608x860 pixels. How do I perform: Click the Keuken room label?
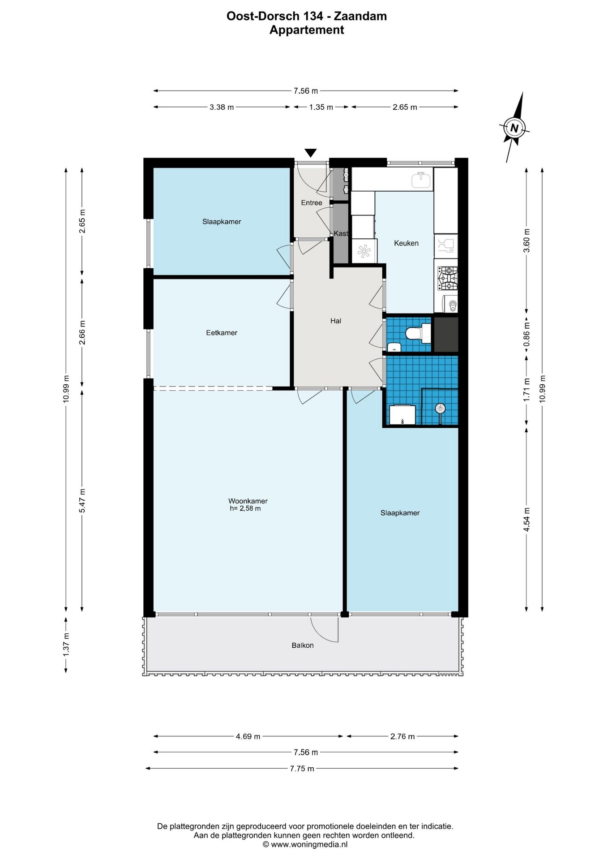point(406,243)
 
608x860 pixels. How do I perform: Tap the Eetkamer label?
point(222,333)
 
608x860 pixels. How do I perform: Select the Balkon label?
point(303,645)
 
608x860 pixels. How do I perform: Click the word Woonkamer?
point(248,501)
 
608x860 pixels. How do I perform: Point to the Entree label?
point(312,203)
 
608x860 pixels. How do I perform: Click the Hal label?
point(336,321)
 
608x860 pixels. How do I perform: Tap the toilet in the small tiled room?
point(417,333)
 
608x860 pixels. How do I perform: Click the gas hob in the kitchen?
point(448,278)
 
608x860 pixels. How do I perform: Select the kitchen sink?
point(421,180)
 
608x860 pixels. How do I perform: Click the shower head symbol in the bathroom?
point(441,408)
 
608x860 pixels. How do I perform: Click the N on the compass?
point(514,128)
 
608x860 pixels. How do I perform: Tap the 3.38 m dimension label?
point(222,107)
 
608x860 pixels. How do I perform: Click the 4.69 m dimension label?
point(248,736)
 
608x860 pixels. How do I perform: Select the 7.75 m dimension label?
point(302,769)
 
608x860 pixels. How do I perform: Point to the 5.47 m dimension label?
point(82,501)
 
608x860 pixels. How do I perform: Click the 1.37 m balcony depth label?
point(66,645)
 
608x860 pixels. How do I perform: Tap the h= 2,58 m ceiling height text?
point(245,509)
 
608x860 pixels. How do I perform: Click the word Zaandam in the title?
point(360,16)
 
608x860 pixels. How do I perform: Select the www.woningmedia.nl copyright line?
point(305,845)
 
